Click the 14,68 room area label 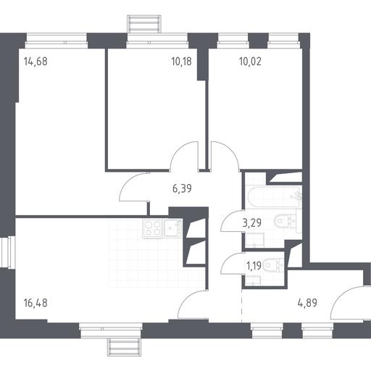36,62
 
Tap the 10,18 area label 181,62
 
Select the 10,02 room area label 250,62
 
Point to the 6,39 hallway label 182,188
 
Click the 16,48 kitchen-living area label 36,303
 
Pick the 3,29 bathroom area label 252,222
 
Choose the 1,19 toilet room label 254,266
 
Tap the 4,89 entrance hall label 307,303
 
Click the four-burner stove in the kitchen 152,228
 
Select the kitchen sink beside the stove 172,228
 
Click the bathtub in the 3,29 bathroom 274,197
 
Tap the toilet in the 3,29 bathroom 285,220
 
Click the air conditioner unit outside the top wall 144,23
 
